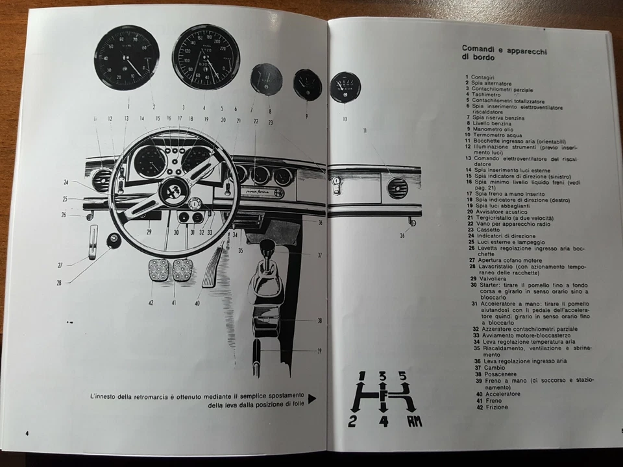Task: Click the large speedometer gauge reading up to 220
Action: [x=206, y=58]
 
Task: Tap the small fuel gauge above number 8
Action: [x=266, y=80]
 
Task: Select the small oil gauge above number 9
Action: [x=307, y=84]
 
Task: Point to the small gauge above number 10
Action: [x=345, y=88]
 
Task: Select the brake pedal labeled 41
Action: [x=182, y=270]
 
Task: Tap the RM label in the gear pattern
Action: [x=414, y=422]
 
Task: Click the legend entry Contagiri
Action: [x=483, y=77]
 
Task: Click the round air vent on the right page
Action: [x=397, y=188]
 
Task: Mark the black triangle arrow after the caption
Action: [x=312, y=398]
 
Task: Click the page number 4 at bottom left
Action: [x=27, y=433]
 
